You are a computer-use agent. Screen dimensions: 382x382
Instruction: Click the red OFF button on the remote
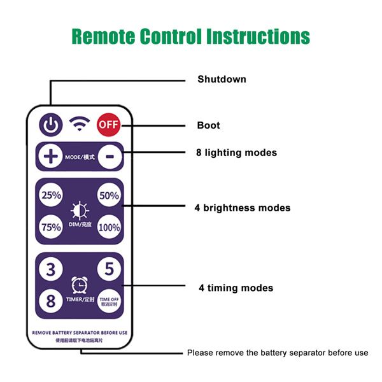point(109,125)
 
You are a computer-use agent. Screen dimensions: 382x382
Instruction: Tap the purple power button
point(51,125)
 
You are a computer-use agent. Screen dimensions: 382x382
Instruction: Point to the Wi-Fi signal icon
point(80,124)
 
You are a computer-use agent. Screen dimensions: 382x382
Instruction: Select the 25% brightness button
point(51,196)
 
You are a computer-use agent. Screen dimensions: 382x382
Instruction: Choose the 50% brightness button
point(109,195)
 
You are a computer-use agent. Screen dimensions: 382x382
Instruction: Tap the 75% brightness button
point(51,227)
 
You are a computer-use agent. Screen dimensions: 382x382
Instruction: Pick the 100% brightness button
point(109,227)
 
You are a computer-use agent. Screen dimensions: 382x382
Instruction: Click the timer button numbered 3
point(51,269)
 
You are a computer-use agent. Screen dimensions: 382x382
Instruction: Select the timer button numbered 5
point(109,269)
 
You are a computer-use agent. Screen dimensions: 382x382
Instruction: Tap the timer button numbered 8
point(51,300)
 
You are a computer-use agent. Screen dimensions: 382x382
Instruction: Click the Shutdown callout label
point(221,80)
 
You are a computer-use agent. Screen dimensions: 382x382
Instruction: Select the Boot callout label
point(208,125)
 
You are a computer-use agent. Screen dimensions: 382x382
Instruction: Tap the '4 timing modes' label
point(236,288)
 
